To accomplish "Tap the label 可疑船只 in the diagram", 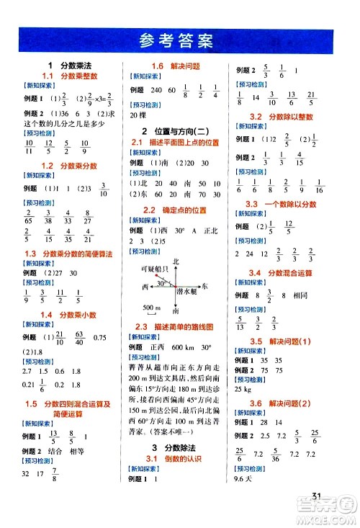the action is point(154,269).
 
